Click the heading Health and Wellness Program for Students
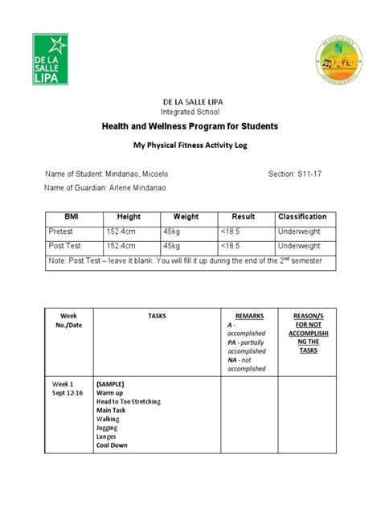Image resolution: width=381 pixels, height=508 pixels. (190, 127)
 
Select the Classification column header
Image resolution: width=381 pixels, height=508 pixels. (302, 217)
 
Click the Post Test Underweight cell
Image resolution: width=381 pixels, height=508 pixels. (299, 245)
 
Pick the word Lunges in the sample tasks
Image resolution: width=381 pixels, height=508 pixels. (109, 436)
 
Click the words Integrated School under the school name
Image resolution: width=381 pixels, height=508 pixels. (190, 111)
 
